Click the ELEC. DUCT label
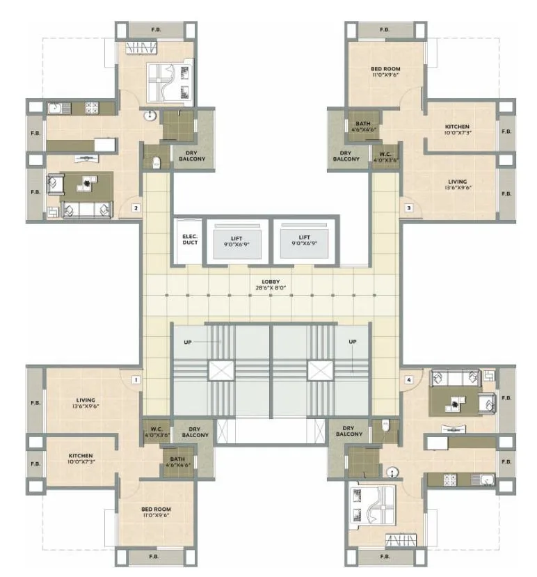[190, 240]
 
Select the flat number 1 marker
[136, 380]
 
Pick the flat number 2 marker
[136, 207]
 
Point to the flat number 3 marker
[409, 207]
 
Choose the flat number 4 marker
[410, 380]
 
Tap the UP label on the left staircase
[188, 342]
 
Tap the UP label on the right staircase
[353, 342]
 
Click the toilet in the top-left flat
[157, 163]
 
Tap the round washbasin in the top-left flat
[150, 116]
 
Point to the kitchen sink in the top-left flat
[56, 108]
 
